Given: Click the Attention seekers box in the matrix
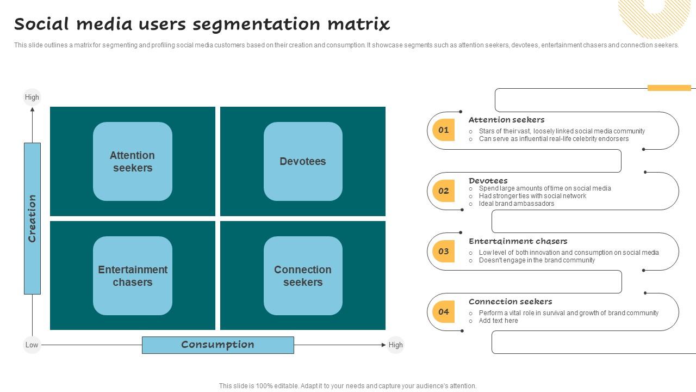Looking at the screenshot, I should pos(133,162).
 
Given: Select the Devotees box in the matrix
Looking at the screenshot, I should pos(303,162).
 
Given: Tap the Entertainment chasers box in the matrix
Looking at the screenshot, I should pos(133,276).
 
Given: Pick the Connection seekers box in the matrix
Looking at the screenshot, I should pos(303,276).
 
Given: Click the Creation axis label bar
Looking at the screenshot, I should pos(32,218).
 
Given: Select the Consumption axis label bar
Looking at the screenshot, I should pos(217,345).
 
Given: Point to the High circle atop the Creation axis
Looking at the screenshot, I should pos(32,97).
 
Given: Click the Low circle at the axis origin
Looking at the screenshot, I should pos(32,345).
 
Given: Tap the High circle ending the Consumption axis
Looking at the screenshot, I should pos(395,345).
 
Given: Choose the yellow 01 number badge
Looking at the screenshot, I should pos(443,130).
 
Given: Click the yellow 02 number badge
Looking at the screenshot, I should pos(443,191).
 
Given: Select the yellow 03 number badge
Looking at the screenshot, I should pos(443,251).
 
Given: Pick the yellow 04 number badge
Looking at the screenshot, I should pos(443,311).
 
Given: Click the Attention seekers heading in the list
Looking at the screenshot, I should pos(506,120).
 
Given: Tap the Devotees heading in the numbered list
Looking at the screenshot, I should pos(488,180).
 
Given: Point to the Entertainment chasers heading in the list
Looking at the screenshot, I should pos(518,241).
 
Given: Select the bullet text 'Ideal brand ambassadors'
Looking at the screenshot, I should pos(516,204).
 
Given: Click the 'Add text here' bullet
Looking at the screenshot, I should pos(498,321).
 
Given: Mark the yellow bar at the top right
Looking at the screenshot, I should pos(669,88).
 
